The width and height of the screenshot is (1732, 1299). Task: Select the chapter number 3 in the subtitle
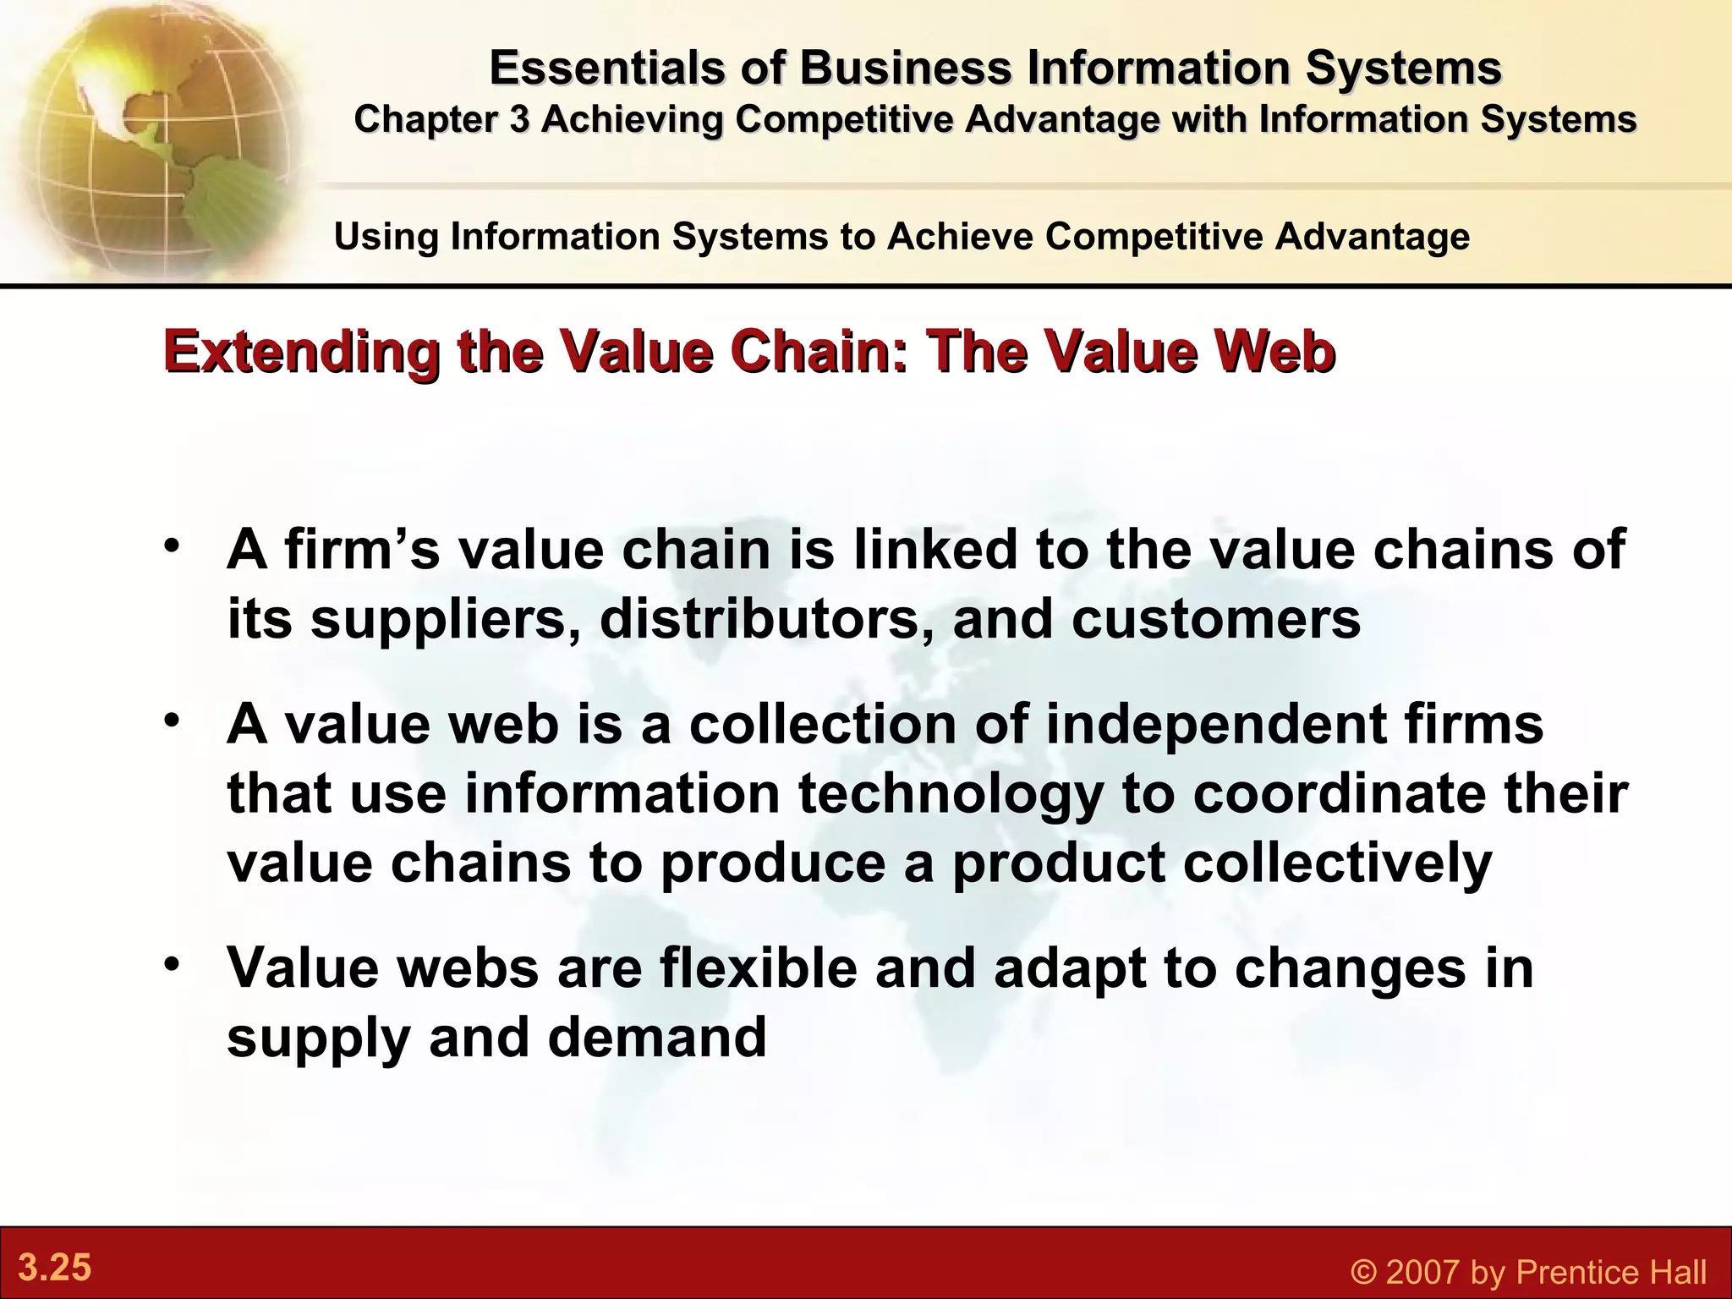pos(518,119)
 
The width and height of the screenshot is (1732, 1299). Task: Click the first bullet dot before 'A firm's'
pos(173,543)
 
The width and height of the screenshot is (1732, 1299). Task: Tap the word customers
pos(1216,619)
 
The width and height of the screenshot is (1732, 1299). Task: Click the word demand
pos(657,1037)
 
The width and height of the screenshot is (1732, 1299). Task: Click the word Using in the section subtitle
pos(386,236)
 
